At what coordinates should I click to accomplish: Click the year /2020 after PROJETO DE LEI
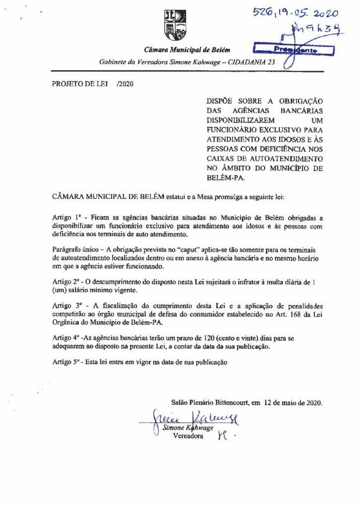point(124,84)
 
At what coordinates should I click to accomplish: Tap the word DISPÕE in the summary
point(221,102)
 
